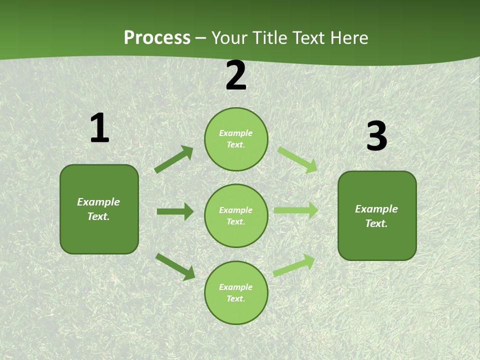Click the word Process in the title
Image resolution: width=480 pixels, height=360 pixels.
click(157, 38)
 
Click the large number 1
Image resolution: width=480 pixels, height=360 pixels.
click(99, 128)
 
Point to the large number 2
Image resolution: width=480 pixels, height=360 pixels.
click(236, 75)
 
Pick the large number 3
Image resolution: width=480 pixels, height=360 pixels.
click(376, 136)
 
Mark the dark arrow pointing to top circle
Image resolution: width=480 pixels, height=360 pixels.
click(174, 159)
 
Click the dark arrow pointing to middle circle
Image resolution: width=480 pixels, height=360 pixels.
click(175, 211)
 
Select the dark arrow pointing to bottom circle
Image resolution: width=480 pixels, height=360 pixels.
click(175, 266)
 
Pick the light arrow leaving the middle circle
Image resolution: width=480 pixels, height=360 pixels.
click(296, 210)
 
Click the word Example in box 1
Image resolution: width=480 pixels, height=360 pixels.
click(98, 202)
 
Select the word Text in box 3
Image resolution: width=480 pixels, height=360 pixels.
click(375, 223)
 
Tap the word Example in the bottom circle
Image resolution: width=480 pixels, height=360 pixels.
click(236, 287)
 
